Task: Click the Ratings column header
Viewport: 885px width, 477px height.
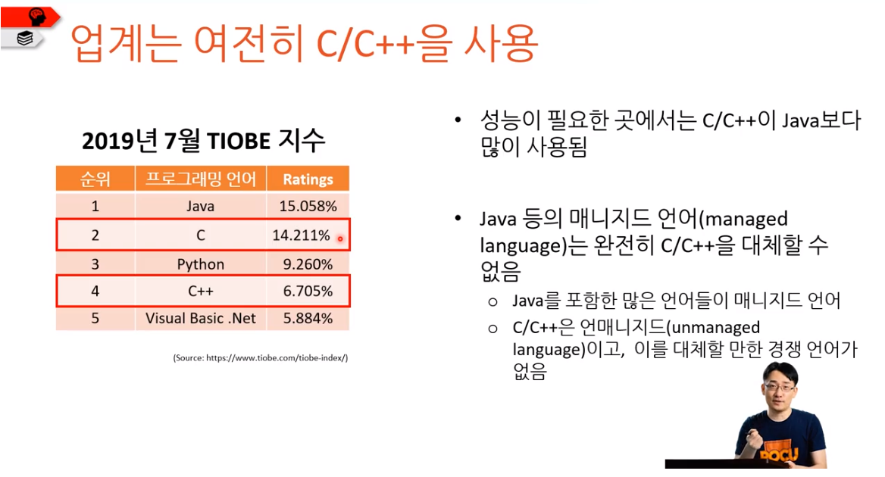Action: click(308, 179)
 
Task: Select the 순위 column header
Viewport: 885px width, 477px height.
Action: click(95, 179)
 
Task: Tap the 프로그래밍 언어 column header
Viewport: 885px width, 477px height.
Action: click(201, 179)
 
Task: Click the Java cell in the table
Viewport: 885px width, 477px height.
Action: click(201, 206)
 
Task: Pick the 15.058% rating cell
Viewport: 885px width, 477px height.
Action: click(308, 206)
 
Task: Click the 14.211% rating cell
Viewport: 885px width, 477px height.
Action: click(302, 235)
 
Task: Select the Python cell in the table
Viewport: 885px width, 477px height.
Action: click(201, 264)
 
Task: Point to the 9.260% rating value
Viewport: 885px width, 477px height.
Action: click(308, 264)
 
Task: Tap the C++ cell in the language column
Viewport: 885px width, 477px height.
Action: click(201, 291)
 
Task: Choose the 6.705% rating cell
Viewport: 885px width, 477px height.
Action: click(308, 291)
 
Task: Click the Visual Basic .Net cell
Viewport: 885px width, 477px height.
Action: click(201, 318)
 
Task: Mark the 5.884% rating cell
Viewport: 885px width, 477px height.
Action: click(308, 318)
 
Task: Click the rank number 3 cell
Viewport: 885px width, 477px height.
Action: click(95, 264)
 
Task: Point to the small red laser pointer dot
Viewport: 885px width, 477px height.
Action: click(340, 239)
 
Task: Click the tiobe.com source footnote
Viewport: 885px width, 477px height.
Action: click(260, 357)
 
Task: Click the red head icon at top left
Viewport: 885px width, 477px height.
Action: click(36, 15)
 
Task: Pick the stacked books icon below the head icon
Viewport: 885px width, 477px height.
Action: click(24, 38)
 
